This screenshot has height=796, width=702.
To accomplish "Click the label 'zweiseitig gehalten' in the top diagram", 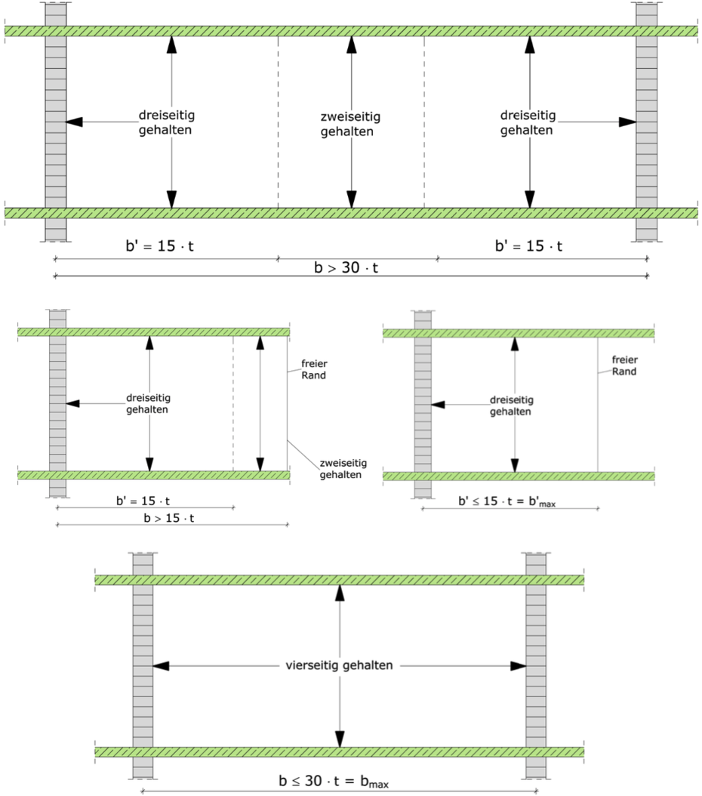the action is pos(350,124).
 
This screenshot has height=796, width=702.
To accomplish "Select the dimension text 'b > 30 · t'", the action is pos(346,267).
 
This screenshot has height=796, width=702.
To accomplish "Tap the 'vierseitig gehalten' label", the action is pos(339,665).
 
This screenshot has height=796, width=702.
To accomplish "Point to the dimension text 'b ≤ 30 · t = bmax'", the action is pos(334,782).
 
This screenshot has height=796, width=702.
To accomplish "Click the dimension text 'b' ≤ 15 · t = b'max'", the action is pos(506,501).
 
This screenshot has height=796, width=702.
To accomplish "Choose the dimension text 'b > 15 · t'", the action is pos(169,518).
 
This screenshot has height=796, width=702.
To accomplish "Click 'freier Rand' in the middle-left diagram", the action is pos(314,369).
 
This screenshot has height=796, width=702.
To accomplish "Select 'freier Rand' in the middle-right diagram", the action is pos(624,366).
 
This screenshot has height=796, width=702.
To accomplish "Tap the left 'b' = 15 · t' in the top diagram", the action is pos(160,246).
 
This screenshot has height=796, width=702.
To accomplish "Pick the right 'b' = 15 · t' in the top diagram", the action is pos(528,246).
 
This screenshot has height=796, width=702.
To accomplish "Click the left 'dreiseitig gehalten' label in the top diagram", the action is pos(166,122).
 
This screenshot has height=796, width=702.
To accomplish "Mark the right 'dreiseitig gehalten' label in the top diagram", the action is pos(528,123).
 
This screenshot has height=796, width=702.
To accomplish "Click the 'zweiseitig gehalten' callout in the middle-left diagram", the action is pos(343,469).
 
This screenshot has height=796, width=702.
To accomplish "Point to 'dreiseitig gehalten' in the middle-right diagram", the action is pos(511,406).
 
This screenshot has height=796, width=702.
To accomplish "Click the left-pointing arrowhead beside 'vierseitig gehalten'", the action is pos(161,665).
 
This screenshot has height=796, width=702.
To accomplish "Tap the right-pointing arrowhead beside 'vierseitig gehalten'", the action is pos(518,665).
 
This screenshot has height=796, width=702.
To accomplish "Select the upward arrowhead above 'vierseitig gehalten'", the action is pos(340,593).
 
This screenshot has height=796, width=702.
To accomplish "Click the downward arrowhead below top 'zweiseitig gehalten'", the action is pos(352,199).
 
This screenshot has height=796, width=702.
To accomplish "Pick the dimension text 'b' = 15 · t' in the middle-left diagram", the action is pos(143,501).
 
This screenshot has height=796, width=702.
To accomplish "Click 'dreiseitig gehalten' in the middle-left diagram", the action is pos(148,403).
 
